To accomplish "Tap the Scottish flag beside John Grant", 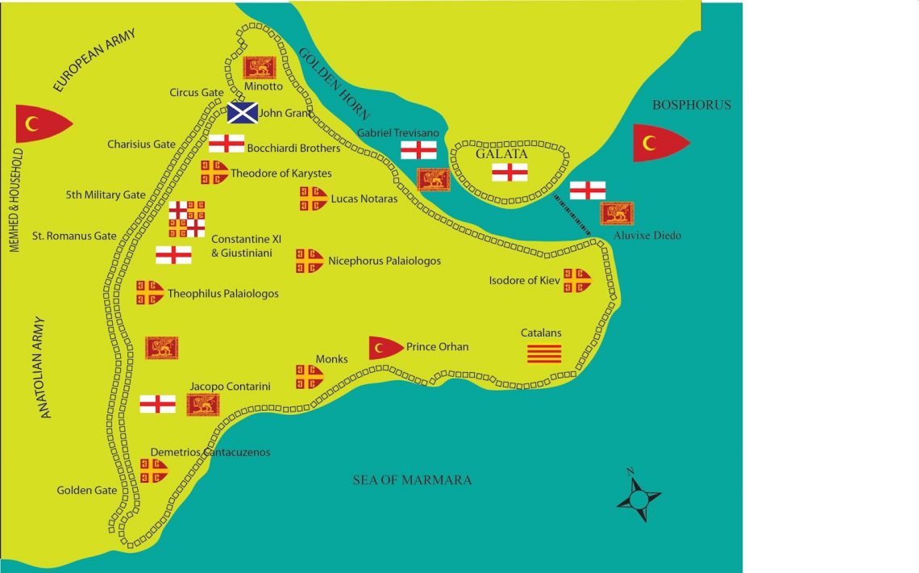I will pos(242,113).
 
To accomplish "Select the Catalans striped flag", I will pos(544,353).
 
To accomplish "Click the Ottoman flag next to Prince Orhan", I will pos(385,347).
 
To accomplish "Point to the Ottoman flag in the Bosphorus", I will pos(660,143).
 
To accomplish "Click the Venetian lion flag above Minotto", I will pos(260,68).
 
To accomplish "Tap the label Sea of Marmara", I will pos(412,480).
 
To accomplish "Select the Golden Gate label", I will pos(86,490).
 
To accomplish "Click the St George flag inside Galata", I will pos(510,172).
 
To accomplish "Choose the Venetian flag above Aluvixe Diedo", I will pos(617,213).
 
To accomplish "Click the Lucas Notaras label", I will pos(364,199).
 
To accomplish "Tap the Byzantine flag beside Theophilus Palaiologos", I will pos(150,293).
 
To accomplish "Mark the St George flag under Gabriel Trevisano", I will pos(419,150).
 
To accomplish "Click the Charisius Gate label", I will pos(141,144).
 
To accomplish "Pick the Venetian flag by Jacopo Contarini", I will pos(203,404).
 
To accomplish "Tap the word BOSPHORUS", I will pos(692,105).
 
